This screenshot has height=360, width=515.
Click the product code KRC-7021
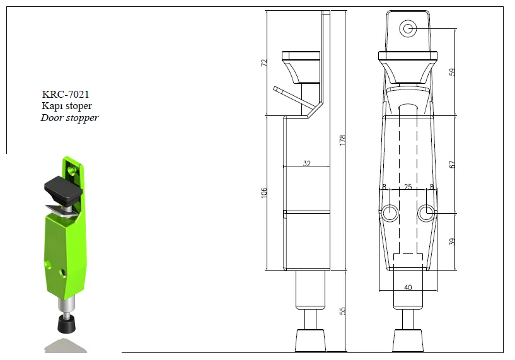coord(66,95)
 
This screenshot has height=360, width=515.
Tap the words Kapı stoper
coord(67,106)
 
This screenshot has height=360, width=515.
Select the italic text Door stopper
coord(69,118)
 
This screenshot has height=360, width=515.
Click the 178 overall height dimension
coord(342,140)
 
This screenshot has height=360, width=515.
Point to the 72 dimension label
coord(264,63)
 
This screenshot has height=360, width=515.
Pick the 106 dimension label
coord(264,192)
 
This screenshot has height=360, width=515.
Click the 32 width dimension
coord(307,163)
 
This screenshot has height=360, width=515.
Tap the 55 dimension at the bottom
coord(342,311)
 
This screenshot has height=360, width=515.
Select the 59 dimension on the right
coord(452,72)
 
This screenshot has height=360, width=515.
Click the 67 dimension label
coord(452,165)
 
